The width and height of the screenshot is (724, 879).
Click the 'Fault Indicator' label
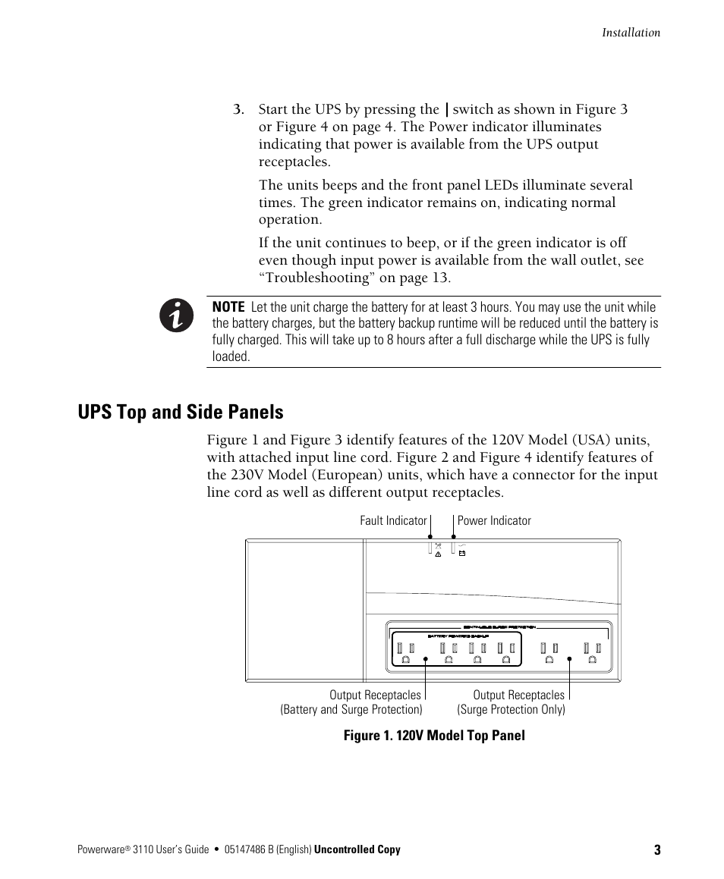(x=393, y=521)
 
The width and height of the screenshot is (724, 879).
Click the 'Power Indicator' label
(x=494, y=521)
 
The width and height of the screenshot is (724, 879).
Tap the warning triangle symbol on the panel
(x=438, y=555)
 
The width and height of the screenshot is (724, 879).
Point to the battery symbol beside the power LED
(x=461, y=554)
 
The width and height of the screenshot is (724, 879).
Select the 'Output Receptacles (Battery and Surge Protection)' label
(x=351, y=702)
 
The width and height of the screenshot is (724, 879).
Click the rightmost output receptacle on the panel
(x=592, y=653)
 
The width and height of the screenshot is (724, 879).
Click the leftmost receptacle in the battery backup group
(x=405, y=653)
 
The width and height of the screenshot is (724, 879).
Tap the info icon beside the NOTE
(x=176, y=315)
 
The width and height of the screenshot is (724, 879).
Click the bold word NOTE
(x=228, y=307)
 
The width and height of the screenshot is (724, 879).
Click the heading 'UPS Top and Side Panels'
(x=181, y=412)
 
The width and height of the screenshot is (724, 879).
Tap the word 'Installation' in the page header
(x=631, y=33)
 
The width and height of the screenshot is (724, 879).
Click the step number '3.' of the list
(x=238, y=110)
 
